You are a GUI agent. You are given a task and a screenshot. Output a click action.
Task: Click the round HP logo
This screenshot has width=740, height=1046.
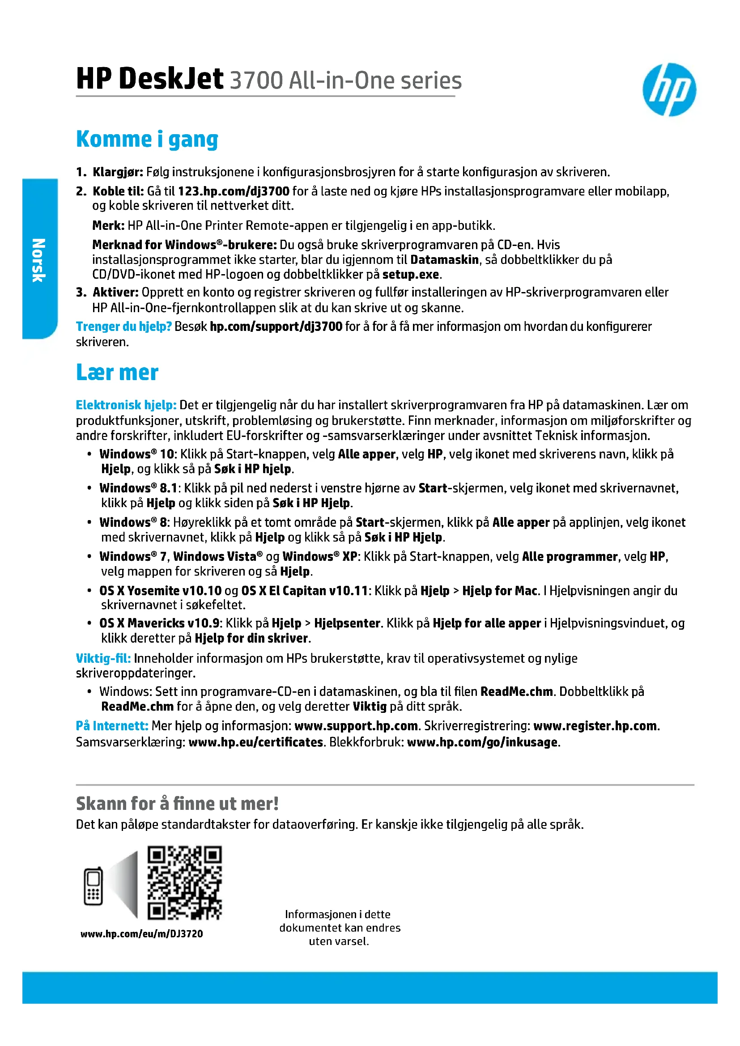669,90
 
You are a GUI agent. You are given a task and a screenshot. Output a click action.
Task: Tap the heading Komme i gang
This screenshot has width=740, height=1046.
147,140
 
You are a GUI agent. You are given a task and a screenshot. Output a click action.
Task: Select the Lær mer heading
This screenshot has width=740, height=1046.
117,372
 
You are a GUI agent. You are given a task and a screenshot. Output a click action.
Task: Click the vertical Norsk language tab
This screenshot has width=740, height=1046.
39,259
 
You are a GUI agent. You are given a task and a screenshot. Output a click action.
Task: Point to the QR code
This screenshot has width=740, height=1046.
184,883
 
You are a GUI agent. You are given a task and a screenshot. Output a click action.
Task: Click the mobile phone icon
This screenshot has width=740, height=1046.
93,885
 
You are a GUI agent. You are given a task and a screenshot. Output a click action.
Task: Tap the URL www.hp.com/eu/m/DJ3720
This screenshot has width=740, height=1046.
142,933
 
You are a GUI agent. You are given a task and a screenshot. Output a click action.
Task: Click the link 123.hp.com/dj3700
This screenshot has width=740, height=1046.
233,191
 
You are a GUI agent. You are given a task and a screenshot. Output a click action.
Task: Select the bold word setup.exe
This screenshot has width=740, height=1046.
411,274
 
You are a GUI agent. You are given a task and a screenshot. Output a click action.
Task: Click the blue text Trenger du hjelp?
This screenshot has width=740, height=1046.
123,326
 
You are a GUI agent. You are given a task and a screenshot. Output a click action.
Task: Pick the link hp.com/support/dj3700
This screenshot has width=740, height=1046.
276,326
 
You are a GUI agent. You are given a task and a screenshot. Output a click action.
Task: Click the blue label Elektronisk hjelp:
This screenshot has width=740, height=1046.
126,405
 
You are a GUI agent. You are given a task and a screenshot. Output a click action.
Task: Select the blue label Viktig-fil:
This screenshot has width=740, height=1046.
103,658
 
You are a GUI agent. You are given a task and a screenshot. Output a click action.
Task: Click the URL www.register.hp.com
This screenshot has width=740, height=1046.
595,726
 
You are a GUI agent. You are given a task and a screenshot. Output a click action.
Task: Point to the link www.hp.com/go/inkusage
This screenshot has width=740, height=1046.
482,742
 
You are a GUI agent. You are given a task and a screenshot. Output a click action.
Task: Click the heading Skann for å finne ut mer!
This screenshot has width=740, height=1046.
177,804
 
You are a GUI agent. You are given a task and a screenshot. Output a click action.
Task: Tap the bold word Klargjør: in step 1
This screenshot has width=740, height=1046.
118,172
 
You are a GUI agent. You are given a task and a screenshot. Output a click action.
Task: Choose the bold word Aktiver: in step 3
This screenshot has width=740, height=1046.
115,292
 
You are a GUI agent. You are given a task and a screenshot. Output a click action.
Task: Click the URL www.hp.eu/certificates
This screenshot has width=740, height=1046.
255,742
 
